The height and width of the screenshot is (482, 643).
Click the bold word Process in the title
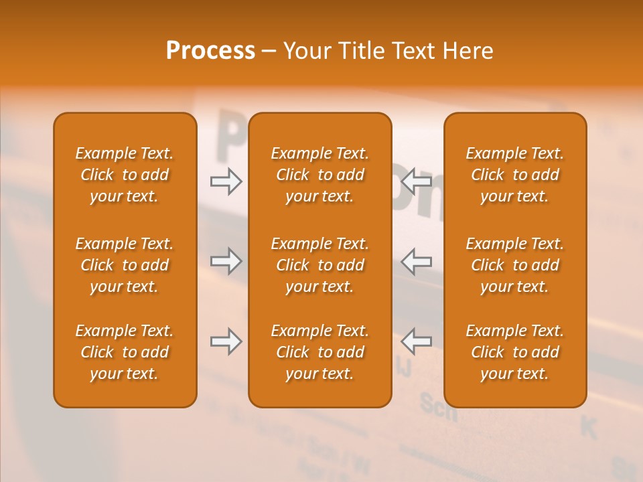(x=210, y=51)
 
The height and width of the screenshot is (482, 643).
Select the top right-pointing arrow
(x=226, y=181)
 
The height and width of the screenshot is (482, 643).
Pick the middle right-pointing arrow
(x=226, y=261)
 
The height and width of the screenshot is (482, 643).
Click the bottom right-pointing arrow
(x=226, y=341)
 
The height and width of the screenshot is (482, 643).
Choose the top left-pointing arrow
(x=416, y=181)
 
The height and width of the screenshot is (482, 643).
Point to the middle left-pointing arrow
(x=416, y=261)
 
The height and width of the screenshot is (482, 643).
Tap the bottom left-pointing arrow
(x=416, y=341)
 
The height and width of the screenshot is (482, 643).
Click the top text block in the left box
(x=125, y=175)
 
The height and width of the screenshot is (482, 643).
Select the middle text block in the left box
(x=125, y=265)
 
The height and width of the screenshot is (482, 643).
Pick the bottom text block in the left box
(x=125, y=352)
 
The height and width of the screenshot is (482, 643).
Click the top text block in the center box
(x=319, y=175)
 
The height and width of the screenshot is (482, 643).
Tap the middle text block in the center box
(x=319, y=265)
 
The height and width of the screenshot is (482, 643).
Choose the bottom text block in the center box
(x=319, y=352)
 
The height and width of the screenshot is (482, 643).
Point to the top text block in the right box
(x=515, y=175)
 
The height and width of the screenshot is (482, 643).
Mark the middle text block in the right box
(x=515, y=265)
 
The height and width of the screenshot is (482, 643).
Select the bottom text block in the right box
(x=515, y=352)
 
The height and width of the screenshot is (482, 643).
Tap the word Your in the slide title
(x=305, y=51)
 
